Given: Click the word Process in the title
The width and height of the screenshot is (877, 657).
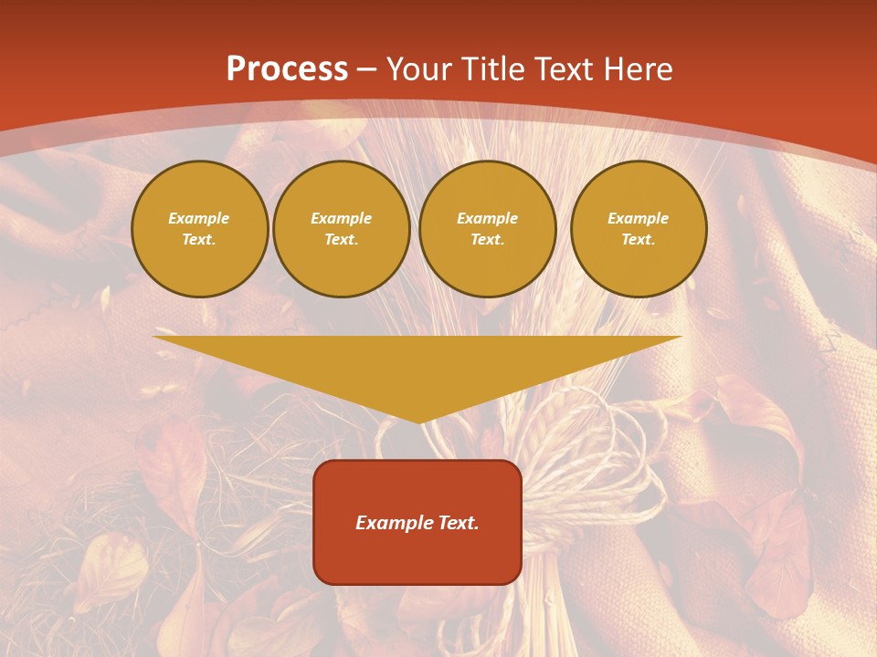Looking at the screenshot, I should point(287,69).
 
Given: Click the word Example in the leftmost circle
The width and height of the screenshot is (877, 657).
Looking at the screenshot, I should point(199,218).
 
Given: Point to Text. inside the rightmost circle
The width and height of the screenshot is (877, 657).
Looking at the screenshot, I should point(639,239).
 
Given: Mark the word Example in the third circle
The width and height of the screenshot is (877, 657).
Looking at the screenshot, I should point(488,218).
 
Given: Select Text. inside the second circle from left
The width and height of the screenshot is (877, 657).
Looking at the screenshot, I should point(342,239).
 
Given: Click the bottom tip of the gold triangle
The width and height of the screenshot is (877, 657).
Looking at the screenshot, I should point(418,422).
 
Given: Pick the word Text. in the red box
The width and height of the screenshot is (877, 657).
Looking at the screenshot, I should point(457,523).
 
